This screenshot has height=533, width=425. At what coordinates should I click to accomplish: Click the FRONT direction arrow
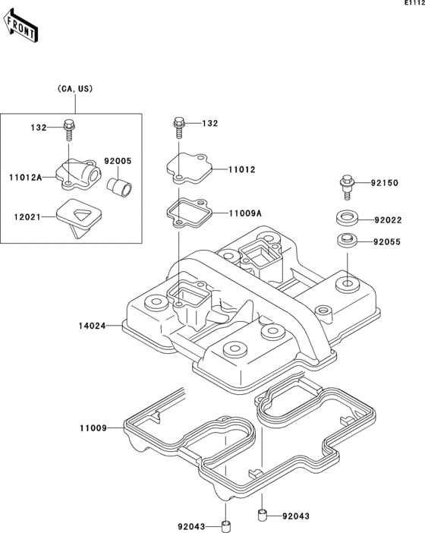pos(20,26)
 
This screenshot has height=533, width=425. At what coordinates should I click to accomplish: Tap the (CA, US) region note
pos(75,89)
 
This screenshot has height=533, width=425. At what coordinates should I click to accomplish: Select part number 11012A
pos(26,177)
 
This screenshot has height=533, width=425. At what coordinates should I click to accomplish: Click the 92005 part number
pos(118,161)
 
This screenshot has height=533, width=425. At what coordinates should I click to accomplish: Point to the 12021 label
pos(27,217)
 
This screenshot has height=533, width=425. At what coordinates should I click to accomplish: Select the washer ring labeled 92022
pos(347,218)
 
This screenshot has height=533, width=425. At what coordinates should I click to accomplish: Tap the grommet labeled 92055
pos(347,241)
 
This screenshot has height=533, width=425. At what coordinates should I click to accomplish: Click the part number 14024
pos(92,326)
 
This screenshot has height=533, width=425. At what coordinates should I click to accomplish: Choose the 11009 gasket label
pos(93,428)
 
